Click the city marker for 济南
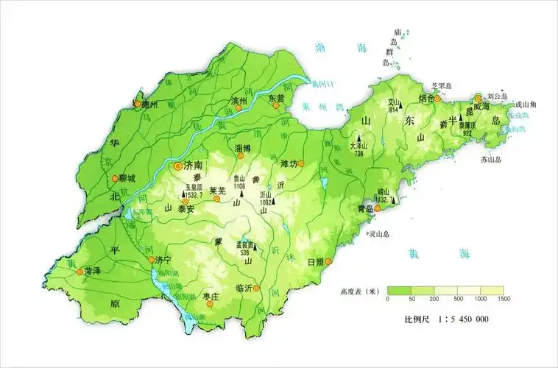tap(177, 166)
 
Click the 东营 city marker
tap(277, 105)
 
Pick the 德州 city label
tap(150, 105)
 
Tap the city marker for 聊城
tap(114, 178)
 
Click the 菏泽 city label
tap(92, 272)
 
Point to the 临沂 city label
tap(244, 288)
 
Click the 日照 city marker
tap(331, 261)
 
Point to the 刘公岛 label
tap(498, 96)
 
